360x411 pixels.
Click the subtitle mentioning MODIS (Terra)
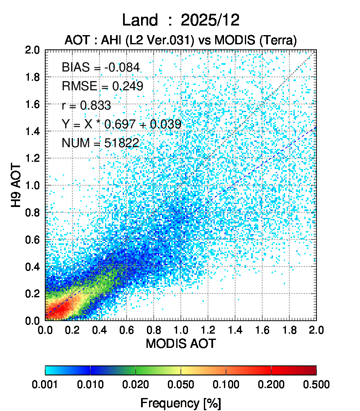click(x=180, y=40)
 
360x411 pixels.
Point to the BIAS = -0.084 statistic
click(x=100, y=67)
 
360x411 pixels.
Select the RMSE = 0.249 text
click(x=103, y=86)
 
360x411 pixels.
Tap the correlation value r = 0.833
click(x=86, y=105)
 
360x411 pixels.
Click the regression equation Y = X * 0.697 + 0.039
click(x=121, y=124)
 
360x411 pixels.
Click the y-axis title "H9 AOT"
click(x=16, y=185)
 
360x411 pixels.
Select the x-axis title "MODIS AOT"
click(x=180, y=344)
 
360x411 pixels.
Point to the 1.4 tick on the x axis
click(x=235, y=329)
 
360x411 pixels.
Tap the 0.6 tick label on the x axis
click(x=126, y=329)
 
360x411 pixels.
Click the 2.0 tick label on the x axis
click(x=316, y=329)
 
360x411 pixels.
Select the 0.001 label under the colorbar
click(x=45, y=385)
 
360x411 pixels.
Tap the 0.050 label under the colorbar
click(x=181, y=385)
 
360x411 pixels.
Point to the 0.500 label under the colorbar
click(x=316, y=385)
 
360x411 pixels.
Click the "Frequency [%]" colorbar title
click(x=180, y=403)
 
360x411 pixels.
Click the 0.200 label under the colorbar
click(x=271, y=385)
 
